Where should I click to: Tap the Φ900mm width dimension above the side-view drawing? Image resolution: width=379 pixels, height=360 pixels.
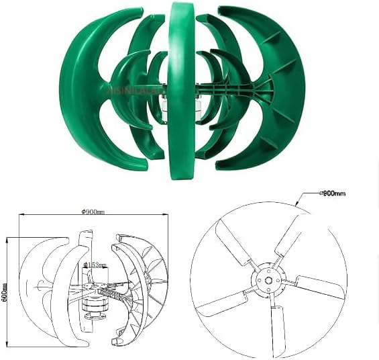point(93,212)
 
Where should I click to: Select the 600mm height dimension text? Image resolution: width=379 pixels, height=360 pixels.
point(5,290)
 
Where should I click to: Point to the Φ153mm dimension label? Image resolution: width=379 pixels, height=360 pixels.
point(96,265)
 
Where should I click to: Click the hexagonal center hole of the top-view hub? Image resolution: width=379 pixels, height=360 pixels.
point(268,278)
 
